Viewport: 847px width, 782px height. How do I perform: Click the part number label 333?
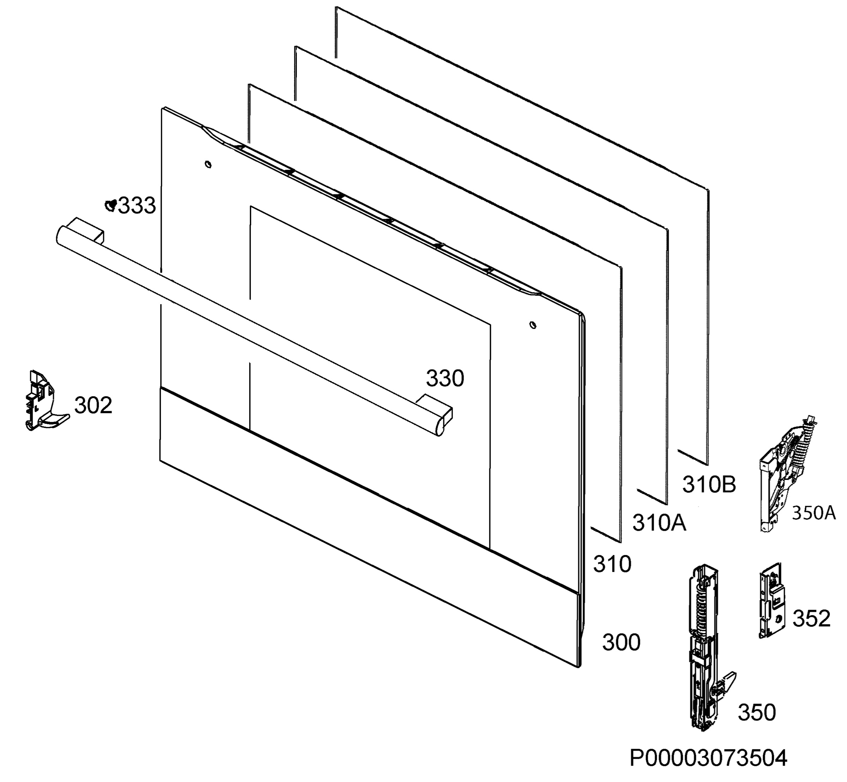pos(137,206)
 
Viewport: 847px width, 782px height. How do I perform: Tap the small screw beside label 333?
pos(111,205)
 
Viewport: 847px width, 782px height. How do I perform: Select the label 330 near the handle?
pos(445,378)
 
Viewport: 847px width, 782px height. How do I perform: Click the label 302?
pos(93,405)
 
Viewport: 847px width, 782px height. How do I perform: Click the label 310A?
pos(659,523)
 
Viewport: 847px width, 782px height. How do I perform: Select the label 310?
pos(612,564)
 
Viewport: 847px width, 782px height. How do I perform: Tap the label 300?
pos(621,642)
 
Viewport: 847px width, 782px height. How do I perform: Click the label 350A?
pos(813,513)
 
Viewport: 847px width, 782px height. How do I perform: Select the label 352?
pos(811,619)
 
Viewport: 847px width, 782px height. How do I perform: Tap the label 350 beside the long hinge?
pos(757,712)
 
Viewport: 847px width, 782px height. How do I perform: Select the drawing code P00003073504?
pos(708,758)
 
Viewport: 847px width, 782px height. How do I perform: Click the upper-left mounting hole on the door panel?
pos(208,164)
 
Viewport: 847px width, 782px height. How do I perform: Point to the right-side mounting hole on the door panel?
pos(533,325)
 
